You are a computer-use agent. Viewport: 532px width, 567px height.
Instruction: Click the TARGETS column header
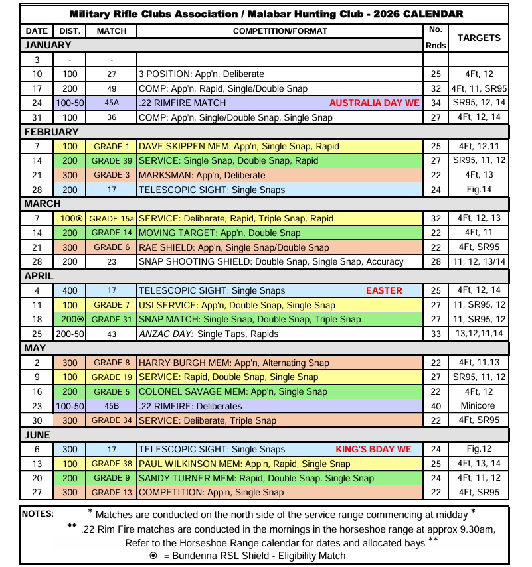(x=479, y=38)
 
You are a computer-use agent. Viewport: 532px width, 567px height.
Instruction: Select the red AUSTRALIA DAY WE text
(x=375, y=103)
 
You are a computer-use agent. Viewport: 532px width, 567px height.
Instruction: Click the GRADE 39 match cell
(x=112, y=160)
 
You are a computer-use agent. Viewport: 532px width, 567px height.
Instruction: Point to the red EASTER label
(x=384, y=290)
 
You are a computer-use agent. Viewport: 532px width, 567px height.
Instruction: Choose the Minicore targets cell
(x=479, y=406)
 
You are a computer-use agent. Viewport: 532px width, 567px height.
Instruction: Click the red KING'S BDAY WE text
(x=374, y=449)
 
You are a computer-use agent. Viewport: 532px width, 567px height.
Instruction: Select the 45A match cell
(x=112, y=103)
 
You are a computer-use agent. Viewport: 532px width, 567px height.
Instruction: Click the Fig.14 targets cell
(x=479, y=190)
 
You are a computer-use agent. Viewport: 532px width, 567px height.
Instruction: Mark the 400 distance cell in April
(x=70, y=290)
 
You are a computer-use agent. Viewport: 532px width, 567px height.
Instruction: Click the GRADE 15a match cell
(x=112, y=218)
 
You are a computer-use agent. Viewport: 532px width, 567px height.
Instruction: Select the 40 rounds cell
(x=436, y=406)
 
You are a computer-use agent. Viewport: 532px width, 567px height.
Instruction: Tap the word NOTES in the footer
(x=37, y=513)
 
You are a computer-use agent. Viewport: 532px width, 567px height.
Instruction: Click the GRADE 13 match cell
(x=112, y=492)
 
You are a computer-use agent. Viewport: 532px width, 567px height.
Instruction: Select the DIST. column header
(x=70, y=31)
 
